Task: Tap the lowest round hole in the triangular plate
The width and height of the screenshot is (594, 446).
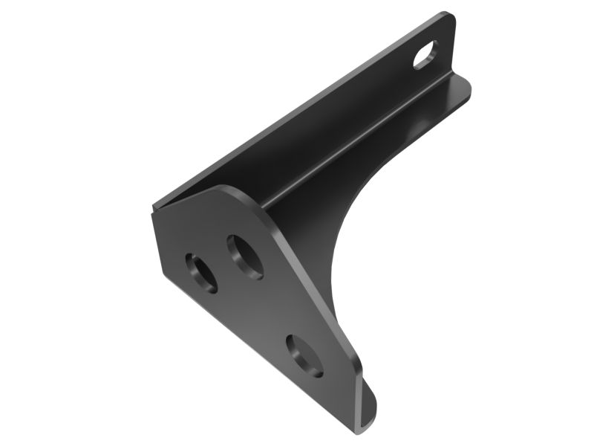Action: [x=304, y=355]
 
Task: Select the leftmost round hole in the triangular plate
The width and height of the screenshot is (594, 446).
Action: [x=201, y=272]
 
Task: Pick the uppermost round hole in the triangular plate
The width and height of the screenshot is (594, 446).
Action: [x=244, y=256]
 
